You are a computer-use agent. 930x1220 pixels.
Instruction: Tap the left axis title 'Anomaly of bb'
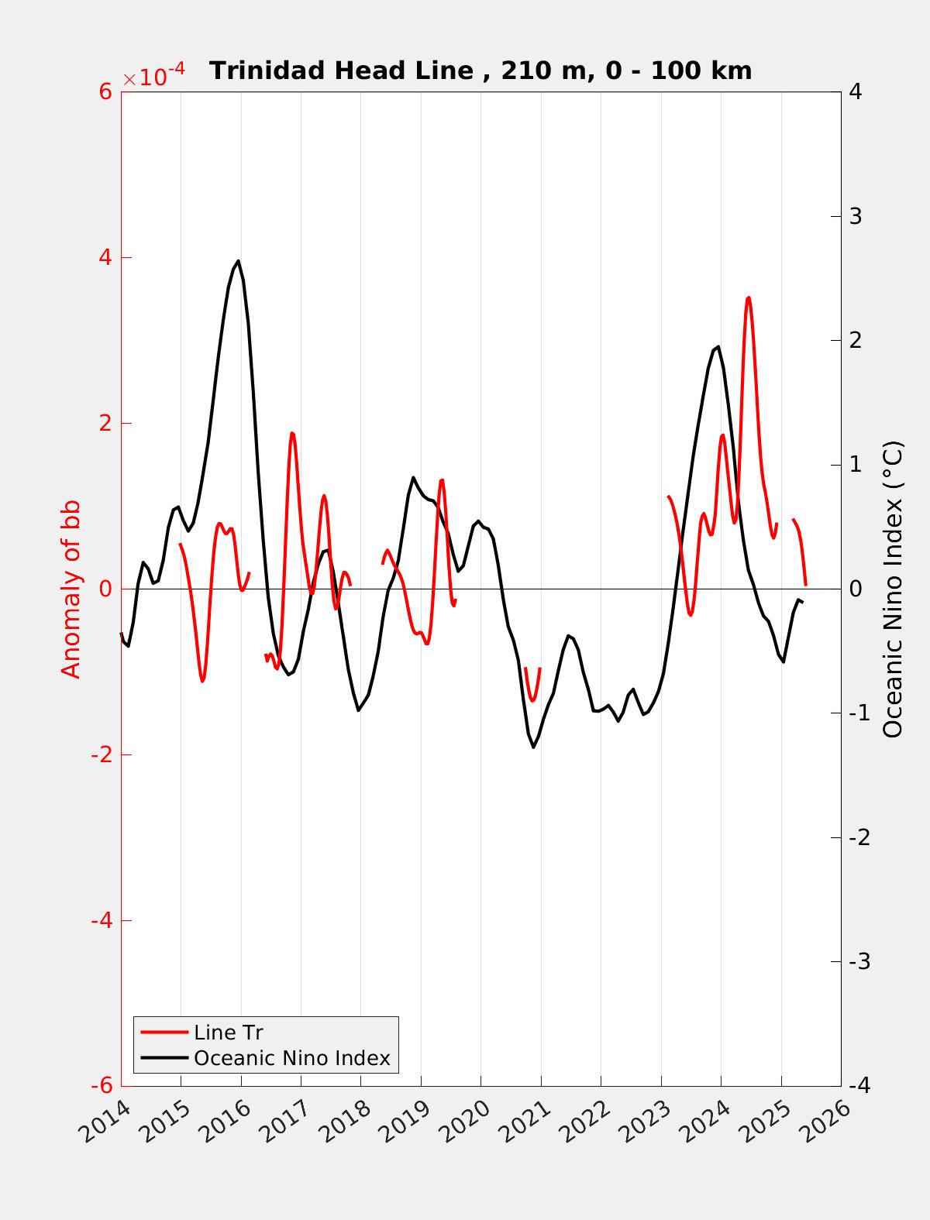pos(71,589)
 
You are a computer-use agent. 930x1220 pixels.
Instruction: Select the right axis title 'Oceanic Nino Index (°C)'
pos(893,589)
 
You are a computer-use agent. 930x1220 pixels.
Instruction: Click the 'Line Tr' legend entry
pos(229,1033)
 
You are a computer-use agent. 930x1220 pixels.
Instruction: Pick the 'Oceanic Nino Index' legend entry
pos(291,1057)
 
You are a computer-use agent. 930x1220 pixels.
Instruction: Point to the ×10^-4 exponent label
pos(154,77)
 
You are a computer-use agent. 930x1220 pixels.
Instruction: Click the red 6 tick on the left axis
pos(105,91)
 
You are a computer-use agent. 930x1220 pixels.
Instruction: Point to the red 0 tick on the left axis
pos(106,589)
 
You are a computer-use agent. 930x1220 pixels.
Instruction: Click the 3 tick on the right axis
pos(856,216)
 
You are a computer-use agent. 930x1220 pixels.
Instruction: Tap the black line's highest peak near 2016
pos(238,261)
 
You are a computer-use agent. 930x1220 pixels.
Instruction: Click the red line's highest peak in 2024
pos(748,297)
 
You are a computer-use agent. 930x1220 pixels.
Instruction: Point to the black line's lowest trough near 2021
pos(533,747)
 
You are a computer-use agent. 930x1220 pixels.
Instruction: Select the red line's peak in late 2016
pos(291,433)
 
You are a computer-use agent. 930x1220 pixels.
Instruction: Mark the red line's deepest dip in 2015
pos(202,681)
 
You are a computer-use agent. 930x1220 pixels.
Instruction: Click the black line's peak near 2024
pos(718,347)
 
